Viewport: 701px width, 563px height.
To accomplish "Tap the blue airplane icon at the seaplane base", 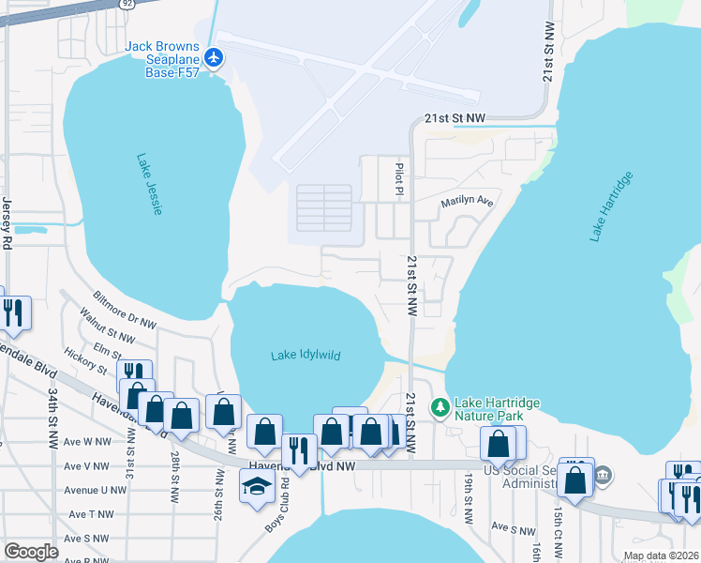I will coord(215,58).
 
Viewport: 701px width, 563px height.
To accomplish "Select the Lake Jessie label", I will coord(149,185).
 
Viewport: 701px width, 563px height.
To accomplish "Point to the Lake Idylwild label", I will coord(306,356).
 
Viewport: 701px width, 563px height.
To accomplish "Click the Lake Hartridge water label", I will coord(611,206).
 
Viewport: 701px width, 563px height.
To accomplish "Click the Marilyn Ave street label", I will coord(467,202).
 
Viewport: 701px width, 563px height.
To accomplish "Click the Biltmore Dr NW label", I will coord(125,309).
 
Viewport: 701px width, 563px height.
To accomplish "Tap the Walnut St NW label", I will coord(108,328).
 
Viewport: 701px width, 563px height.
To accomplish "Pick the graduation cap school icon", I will coord(255,488).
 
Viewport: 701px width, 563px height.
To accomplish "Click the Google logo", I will coord(30,552).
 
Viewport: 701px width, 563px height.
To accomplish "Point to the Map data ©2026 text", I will coord(661,555).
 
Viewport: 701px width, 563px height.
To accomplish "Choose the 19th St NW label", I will coord(468,497).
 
